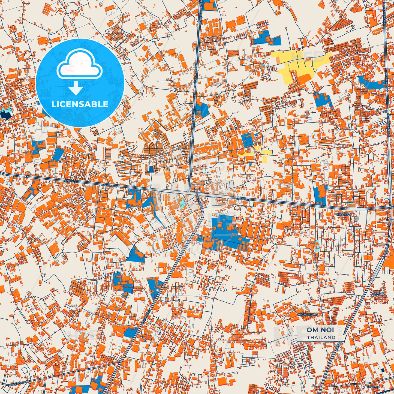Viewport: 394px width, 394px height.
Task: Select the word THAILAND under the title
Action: point(321,337)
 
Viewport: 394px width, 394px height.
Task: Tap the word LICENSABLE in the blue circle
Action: point(80,104)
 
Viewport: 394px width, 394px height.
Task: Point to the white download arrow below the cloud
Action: point(76,88)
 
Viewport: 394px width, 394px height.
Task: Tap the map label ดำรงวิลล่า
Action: point(343,214)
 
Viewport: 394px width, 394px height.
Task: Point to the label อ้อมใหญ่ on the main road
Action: point(71,180)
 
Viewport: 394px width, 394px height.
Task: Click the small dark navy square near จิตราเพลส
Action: point(383,370)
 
